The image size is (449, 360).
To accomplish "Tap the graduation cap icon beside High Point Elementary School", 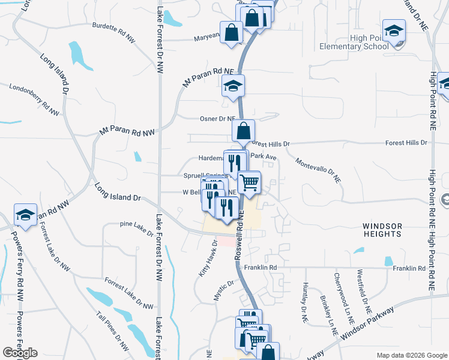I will pyautogui.click(x=394, y=31).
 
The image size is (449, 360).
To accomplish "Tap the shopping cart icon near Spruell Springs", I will pyautogui.click(x=249, y=182).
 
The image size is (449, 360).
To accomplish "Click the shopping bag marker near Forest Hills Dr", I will pyautogui.click(x=243, y=130).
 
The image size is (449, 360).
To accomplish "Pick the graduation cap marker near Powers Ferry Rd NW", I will pyautogui.click(x=26, y=215).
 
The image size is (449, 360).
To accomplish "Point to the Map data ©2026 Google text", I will pyautogui.click(x=412, y=355).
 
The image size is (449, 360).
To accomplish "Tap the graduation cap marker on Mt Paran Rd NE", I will pyautogui.click(x=233, y=86).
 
